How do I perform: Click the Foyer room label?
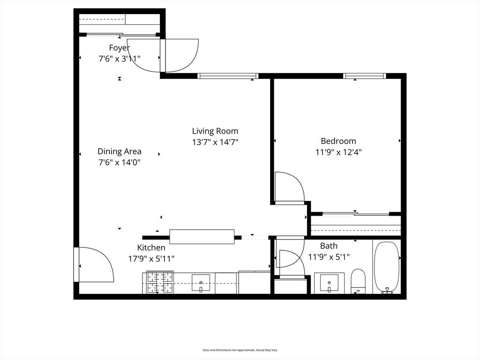[120, 48]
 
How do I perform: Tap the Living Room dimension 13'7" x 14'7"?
[215, 142]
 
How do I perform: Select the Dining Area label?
[120, 151]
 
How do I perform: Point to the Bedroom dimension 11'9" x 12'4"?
[338, 152]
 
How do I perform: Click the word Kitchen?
[151, 247]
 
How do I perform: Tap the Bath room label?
[329, 246]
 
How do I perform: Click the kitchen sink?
[201, 283]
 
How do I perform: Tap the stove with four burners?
[160, 282]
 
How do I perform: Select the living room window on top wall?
[228, 76]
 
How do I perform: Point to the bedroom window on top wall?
[364, 76]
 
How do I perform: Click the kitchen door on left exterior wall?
[94, 264]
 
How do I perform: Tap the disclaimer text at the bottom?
[240, 350]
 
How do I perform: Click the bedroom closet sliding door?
[356, 214]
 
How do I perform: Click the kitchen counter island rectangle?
[202, 237]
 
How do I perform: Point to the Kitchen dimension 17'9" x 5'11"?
[151, 259]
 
